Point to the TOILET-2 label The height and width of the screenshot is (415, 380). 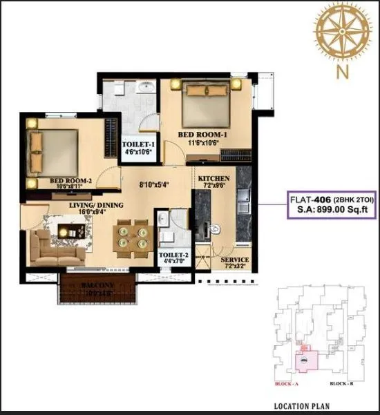(172, 255)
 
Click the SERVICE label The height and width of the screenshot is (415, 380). (235, 260)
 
